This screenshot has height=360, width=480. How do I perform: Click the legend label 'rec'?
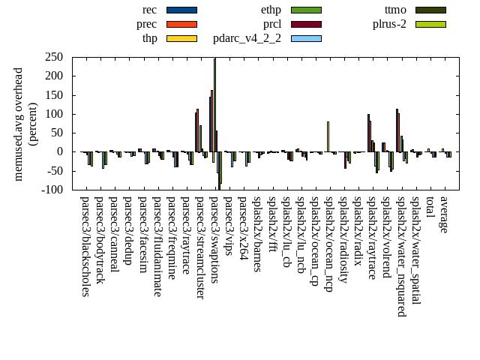[x=150, y=10]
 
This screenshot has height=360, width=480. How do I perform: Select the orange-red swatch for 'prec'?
[x=181, y=24]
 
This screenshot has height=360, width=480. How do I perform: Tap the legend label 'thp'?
[x=150, y=38]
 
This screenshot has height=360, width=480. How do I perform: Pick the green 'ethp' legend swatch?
[x=306, y=10]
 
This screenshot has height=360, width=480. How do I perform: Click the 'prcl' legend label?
[x=272, y=24]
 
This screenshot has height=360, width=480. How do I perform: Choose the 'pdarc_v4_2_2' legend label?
[x=247, y=38]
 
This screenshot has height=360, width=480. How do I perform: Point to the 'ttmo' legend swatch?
[x=430, y=10]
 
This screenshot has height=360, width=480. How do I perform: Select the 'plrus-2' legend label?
[x=390, y=24]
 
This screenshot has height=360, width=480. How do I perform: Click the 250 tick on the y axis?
[x=53, y=57]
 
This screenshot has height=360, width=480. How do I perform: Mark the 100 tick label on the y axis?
[x=53, y=114]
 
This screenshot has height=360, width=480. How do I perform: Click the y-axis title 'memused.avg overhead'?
[x=19, y=124]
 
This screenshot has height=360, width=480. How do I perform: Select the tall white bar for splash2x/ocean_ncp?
[x=328, y=136]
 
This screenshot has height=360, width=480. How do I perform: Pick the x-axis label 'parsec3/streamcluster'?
[x=200, y=248]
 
